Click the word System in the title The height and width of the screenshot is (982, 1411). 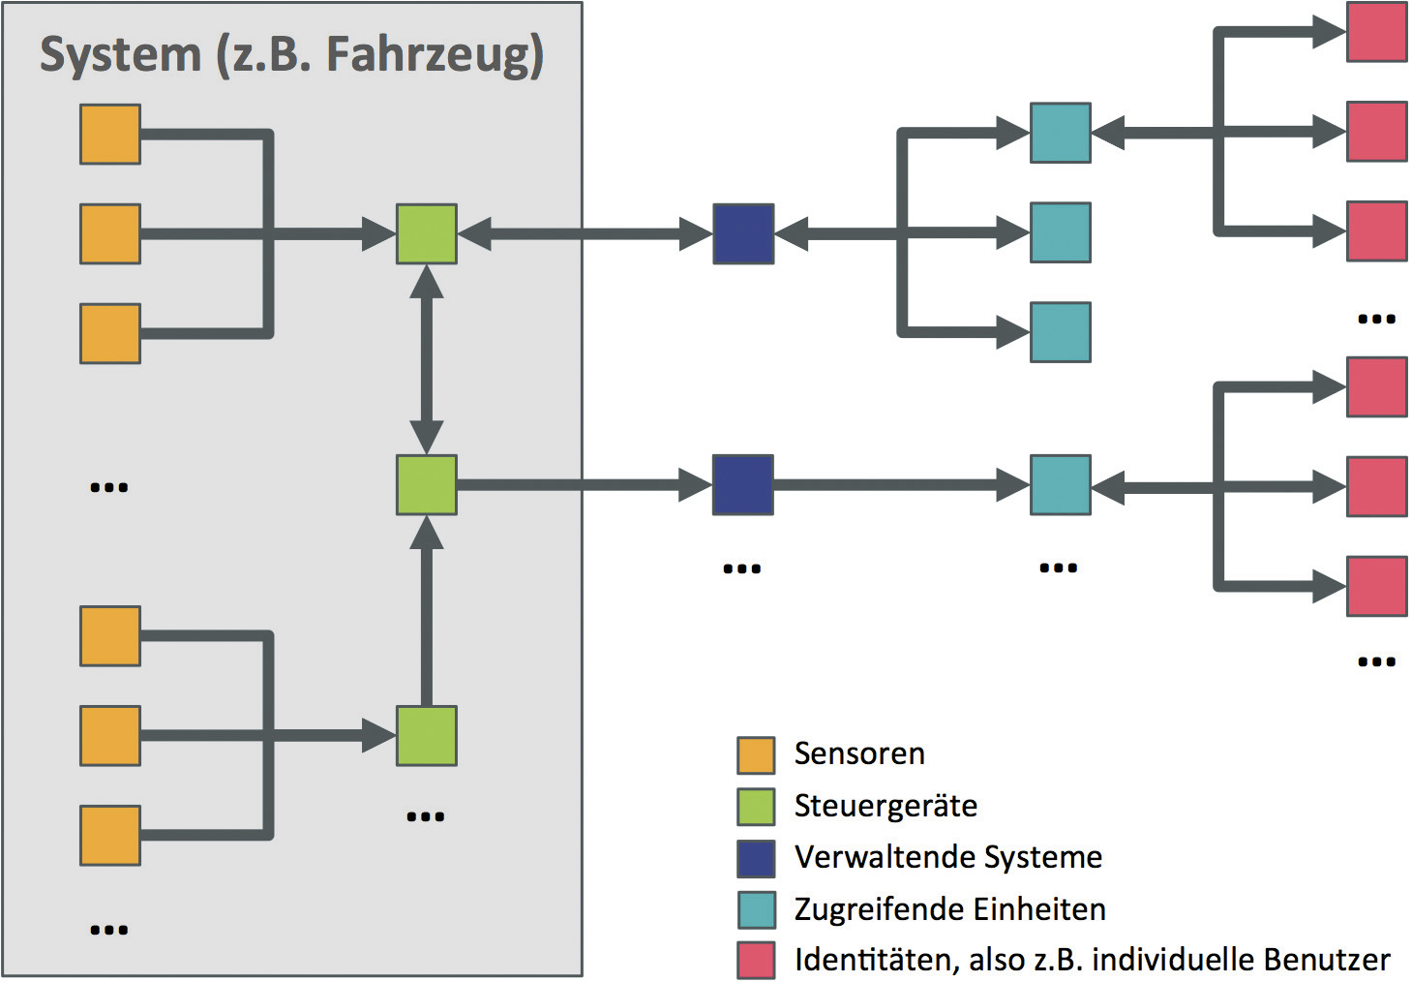[x=119, y=54]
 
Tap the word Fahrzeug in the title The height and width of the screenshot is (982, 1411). [x=435, y=54]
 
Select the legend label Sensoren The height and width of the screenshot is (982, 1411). [x=859, y=753]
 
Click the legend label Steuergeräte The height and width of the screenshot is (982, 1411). [x=886, y=806]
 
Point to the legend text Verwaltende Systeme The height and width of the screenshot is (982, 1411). [x=948, y=857]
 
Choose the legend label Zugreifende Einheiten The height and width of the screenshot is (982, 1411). [x=949, y=909]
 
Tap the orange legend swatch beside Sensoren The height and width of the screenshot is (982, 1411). [x=756, y=755]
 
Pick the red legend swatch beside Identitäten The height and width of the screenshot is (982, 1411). [x=756, y=960]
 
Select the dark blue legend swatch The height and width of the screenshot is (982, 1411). [x=756, y=858]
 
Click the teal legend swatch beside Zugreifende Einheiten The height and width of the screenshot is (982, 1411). [x=756, y=909]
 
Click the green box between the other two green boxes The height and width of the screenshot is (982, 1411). [x=427, y=484]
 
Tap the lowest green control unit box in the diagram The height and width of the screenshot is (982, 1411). [x=427, y=736]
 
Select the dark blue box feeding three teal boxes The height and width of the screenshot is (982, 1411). [x=743, y=233]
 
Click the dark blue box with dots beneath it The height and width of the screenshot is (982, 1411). [x=743, y=484]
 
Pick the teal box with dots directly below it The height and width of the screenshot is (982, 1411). [x=1061, y=484]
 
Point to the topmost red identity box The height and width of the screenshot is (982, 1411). [x=1377, y=32]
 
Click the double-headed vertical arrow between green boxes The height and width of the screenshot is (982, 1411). [x=427, y=359]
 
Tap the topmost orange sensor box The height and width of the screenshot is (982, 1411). [x=110, y=134]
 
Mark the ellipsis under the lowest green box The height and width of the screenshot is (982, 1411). [x=426, y=816]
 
